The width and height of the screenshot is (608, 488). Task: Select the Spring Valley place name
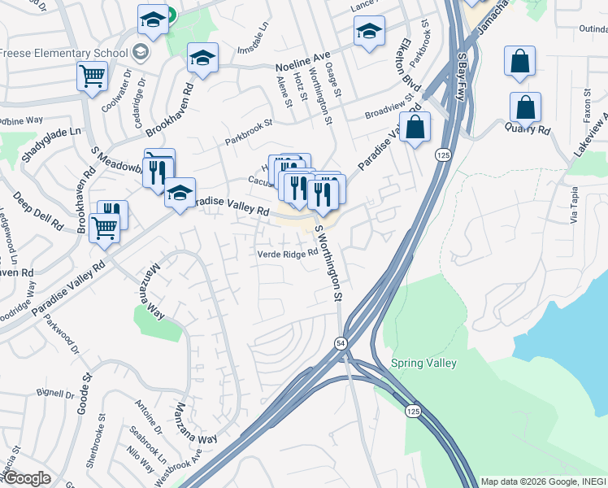423,363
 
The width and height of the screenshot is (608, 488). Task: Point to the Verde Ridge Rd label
287,254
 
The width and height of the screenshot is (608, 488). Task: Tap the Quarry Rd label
528,129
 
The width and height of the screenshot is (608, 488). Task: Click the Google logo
27,478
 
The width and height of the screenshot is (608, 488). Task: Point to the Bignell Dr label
54,394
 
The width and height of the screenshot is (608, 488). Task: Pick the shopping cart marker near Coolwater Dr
93,76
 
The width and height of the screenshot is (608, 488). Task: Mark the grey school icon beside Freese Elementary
141,53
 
